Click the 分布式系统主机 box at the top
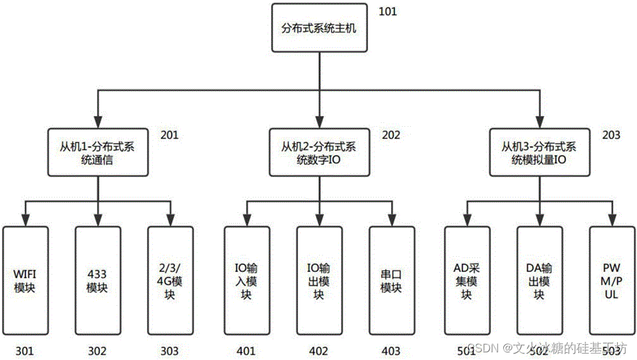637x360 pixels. point(319,28)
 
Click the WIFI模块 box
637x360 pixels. point(25,280)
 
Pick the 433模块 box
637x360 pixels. point(97,280)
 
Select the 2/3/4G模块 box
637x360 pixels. point(170,280)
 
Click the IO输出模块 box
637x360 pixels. point(318,280)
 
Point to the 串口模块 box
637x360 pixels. point(391,280)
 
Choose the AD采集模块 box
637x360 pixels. point(467,280)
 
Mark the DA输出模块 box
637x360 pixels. point(539,280)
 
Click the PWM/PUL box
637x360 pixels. point(612,280)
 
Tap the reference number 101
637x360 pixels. point(387,11)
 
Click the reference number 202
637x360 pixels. point(391,135)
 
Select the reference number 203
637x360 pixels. point(611,135)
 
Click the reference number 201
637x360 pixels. point(170,135)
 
